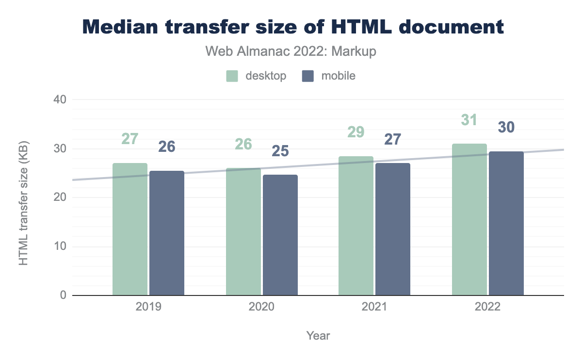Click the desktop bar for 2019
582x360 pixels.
130,229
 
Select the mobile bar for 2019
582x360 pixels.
167,233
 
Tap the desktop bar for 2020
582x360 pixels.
243,231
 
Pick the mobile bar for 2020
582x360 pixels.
280,235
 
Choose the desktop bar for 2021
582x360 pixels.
356,226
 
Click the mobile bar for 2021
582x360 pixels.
393,229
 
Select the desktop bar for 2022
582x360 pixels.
469,219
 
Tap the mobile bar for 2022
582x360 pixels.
506,223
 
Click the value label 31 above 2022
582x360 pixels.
469,119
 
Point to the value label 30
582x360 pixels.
506,127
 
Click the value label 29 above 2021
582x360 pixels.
356,132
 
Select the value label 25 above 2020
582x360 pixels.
280,151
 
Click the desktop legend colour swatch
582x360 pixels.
232,76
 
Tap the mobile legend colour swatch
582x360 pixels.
308,76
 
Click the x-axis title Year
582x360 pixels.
318,336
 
